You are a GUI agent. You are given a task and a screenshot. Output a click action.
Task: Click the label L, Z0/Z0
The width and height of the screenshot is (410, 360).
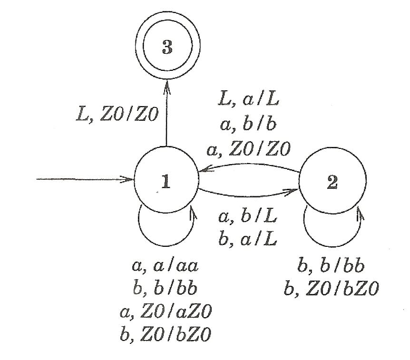pos(117,115)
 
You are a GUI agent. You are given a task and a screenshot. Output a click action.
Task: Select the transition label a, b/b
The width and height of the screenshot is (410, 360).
pos(248,124)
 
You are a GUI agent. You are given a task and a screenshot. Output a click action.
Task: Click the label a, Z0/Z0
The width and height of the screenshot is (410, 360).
pos(249,149)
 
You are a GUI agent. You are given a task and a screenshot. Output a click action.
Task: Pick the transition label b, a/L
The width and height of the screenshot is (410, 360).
pos(248,239)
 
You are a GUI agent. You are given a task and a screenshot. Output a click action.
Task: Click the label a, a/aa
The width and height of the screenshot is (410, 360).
pos(165,266)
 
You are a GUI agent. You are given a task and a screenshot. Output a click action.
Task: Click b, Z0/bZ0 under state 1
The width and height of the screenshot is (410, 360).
pos(165,334)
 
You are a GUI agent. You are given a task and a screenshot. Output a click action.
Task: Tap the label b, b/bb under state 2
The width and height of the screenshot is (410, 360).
pos(331,266)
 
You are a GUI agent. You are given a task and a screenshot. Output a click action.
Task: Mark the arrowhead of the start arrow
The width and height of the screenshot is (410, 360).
pos(127,179)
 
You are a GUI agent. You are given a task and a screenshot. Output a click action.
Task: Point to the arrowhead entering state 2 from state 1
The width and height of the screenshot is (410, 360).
pos(293,192)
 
